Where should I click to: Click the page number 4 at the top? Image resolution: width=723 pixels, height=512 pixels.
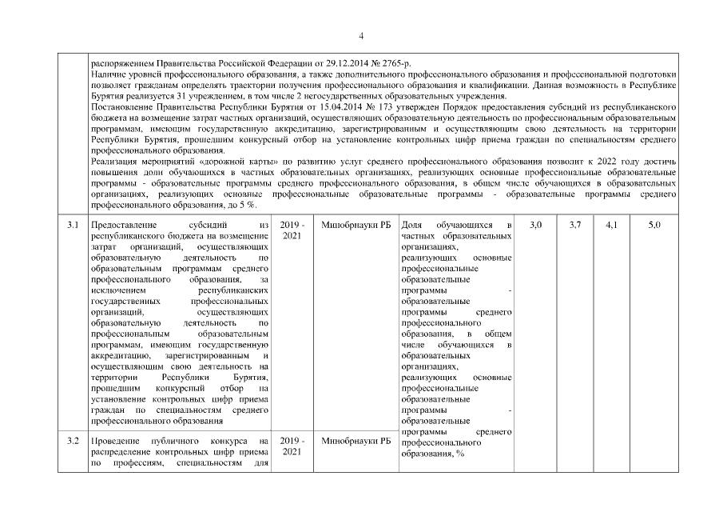[x=361, y=36]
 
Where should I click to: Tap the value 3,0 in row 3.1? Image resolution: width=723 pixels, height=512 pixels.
[x=535, y=226]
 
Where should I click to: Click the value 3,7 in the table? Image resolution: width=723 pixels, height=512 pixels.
[x=575, y=226]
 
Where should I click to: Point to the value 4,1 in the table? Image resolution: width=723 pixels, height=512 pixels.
[x=611, y=226]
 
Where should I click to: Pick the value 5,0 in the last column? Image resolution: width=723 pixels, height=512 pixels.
[x=654, y=226]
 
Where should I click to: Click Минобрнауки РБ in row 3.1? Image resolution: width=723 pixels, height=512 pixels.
[x=352, y=226]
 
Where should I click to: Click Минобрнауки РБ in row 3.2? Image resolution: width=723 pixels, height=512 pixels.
[x=352, y=441]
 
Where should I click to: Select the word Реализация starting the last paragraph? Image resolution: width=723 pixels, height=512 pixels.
[x=113, y=161]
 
